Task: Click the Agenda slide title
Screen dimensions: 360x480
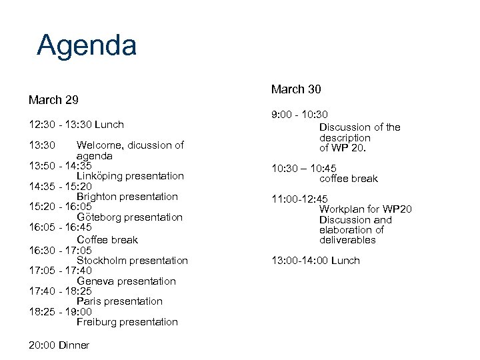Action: point(87,45)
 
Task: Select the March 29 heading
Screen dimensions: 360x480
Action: point(53,100)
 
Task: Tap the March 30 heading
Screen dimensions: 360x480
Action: point(297,89)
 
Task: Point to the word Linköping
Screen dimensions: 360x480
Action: point(100,176)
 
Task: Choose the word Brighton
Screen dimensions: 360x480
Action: point(99,197)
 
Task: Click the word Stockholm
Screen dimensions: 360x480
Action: point(103,260)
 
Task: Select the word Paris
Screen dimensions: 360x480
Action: point(89,301)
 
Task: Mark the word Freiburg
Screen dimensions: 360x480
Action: point(99,322)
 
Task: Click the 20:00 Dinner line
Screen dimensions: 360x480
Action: point(59,345)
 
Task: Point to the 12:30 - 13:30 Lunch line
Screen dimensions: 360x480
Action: point(77,124)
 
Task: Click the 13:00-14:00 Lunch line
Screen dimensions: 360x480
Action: point(315,260)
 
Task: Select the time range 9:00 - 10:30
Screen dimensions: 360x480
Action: point(299,115)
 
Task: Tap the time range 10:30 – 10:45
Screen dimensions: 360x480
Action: point(303,168)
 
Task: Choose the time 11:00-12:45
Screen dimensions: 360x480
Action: point(299,199)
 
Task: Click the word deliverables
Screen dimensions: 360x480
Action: point(347,240)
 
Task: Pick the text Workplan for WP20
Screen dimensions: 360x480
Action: point(365,209)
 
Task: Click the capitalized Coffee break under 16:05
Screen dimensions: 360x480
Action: point(107,239)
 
